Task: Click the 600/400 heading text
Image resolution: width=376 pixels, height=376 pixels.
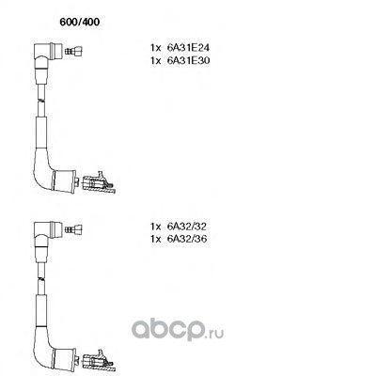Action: (80, 22)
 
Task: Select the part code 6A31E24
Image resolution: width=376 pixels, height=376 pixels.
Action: (188, 48)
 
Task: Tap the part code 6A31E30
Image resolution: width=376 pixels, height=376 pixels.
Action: (188, 60)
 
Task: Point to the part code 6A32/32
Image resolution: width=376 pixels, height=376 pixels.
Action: (187, 227)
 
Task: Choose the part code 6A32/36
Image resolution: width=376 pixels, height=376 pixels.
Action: (187, 239)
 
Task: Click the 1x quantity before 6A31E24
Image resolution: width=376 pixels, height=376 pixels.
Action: (155, 48)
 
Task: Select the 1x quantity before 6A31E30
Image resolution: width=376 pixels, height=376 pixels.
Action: (155, 60)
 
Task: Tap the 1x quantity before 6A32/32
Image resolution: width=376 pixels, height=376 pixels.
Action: (155, 227)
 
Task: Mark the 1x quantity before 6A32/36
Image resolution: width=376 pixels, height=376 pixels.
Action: (155, 239)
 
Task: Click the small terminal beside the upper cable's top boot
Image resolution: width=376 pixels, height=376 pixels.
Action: (73, 51)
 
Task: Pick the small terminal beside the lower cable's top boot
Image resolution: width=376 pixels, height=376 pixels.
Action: (73, 229)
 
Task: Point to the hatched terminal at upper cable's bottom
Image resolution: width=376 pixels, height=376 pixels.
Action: (99, 182)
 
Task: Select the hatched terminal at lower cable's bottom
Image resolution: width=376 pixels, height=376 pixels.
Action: (99, 361)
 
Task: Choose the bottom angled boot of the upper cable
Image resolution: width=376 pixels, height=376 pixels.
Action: (54, 176)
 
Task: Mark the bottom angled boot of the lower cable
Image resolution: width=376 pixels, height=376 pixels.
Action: (54, 354)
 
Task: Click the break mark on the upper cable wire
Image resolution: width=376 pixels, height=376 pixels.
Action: (41, 100)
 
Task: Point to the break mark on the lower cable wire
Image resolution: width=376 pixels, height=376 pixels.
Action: (41, 278)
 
